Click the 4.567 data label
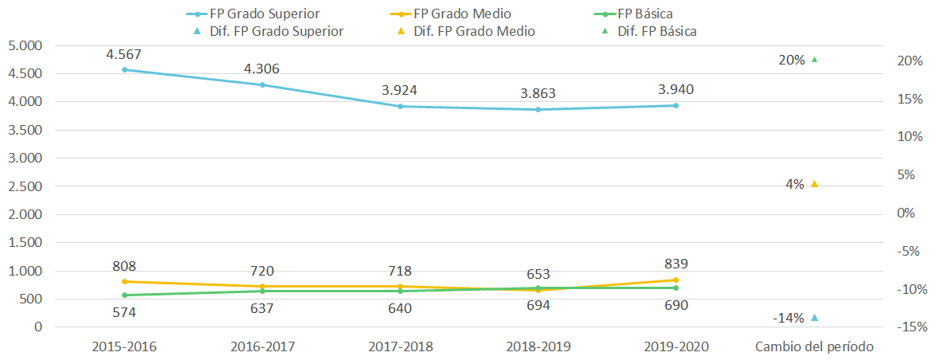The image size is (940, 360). pyautogui.click(x=125, y=54)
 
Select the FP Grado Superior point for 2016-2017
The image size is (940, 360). pyautogui.click(x=262, y=84)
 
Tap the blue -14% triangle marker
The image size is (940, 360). pyautogui.click(x=814, y=318)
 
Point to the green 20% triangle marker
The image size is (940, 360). pyautogui.click(x=814, y=59)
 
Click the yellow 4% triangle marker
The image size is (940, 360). pyautogui.click(x=814, y=184)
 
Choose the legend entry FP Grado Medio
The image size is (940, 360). pyautogui.click(x=454, y=14)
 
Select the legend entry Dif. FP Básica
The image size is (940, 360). pyautogui.click(x=652, y=31)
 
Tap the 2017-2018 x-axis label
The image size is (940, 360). pyautogui.click(x=400, y=346)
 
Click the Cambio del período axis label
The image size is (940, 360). pyautogui.click(x=814, y=346)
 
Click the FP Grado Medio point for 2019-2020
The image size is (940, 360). pyautogui.click(x=676, y=280)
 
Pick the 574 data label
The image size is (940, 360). pyautogui.click(x=125, y=311)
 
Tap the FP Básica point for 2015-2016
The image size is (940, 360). pyautogui.click(x=125, y=295)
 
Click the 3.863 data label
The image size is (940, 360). pyautogui.click(x=538, y=93)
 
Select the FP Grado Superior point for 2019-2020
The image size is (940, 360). pyautogui.click(x=676, y=105)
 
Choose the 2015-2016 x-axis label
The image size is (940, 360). pyautogui.click(x=125, y=346)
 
